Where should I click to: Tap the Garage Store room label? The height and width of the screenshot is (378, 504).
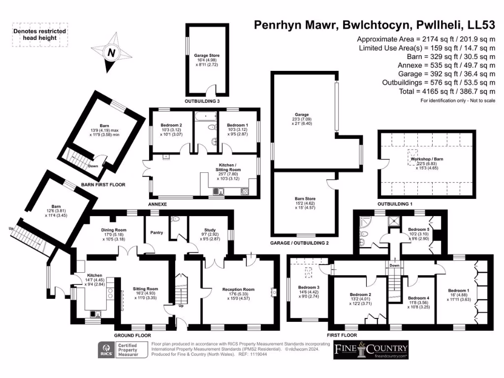tap(206, 56)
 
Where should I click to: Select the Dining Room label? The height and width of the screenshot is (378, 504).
tap(114, 230)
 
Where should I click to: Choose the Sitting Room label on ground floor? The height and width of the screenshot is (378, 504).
tap(146, 289)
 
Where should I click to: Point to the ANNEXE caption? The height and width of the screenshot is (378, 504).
tap(157, 204)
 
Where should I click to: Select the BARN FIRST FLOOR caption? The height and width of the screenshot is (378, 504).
tap(103, 185)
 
